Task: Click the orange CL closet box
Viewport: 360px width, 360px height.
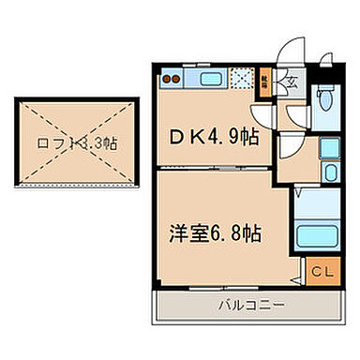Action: (321, 272)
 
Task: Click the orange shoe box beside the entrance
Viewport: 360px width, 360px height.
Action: (265, 81)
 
